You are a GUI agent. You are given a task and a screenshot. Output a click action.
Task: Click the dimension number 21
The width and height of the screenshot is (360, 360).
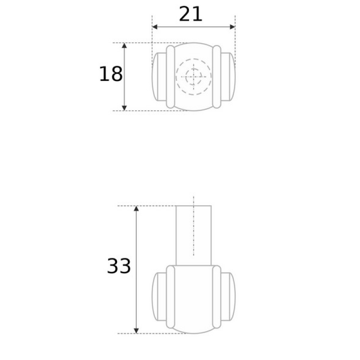coord(190,14)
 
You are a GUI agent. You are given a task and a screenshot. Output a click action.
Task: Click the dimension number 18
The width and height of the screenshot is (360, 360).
coord(111,74)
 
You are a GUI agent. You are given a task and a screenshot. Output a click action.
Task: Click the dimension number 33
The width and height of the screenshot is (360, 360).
coord(119,266)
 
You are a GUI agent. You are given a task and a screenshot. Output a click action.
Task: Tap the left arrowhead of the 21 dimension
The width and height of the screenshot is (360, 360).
coord(155,27)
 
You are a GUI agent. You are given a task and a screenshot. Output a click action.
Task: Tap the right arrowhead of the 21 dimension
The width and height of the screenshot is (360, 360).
coord(232,27)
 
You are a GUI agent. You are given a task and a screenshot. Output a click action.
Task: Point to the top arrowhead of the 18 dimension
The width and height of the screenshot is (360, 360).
coord(124,45)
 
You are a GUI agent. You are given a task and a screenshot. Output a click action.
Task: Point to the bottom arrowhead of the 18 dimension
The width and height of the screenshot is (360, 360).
coord(124,108)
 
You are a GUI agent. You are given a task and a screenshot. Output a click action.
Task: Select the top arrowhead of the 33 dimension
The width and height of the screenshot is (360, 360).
coord(136,208)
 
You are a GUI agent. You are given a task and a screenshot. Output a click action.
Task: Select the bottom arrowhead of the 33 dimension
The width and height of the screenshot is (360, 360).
coord(136,331)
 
